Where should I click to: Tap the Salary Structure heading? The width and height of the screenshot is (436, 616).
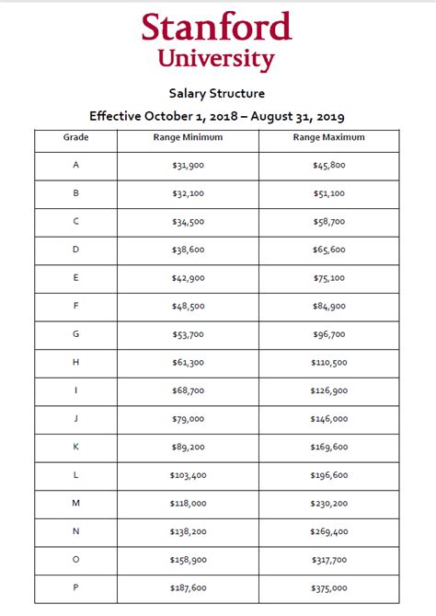pos(216,93)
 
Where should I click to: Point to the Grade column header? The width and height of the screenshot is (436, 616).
pos(75,137)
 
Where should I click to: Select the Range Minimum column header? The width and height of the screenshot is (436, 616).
pos(187,137)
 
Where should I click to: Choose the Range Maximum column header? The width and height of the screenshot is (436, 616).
pos(329,137)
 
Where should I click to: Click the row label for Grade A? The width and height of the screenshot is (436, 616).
pos(75,166)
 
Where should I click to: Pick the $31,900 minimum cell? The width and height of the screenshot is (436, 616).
pos(187,166)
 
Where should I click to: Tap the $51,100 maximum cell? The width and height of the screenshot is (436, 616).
pos(329,194)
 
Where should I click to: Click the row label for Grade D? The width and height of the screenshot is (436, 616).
pos(75,250)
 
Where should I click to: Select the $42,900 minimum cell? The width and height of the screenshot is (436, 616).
pos(187,278)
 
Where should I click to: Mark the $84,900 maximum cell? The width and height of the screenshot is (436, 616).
pos(329,307)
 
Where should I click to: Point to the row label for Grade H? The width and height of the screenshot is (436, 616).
pos(75,363)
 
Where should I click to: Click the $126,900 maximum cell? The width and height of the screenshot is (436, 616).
pos(329,391)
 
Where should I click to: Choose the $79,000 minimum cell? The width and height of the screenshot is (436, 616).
pos(187,419)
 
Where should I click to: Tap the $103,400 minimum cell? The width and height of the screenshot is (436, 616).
pos(187,475)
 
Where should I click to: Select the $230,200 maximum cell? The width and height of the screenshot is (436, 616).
pos(329,504)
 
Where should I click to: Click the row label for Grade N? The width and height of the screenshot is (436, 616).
pos(75,532)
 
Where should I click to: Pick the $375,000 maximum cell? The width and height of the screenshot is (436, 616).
pos(329,588)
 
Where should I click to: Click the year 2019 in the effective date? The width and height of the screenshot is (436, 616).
pos(328,116)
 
